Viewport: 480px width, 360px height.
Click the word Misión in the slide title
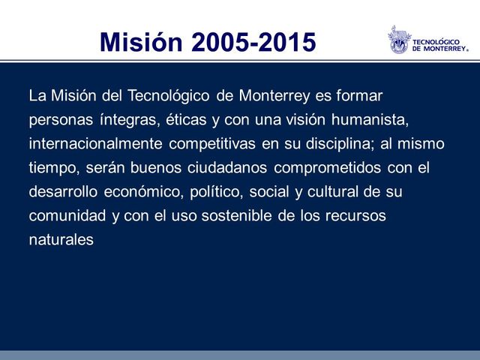(x=141, y=42)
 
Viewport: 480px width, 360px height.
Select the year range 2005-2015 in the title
(x=253, y=42)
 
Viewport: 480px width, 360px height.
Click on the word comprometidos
(x=326, y=167)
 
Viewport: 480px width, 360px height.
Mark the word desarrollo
(x=62, y=191)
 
